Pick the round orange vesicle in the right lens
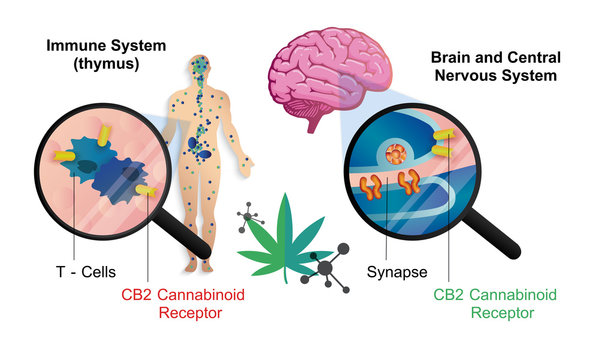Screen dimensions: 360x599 [398, 153]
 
